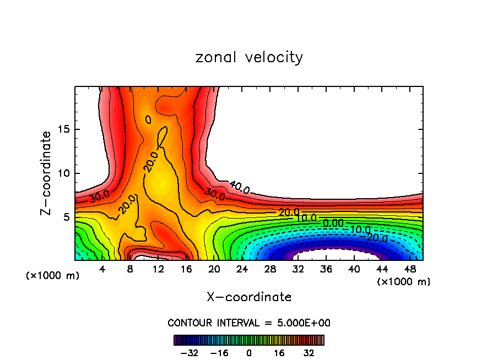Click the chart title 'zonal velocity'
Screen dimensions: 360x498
click(249, 57)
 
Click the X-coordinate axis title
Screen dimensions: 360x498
click(249, 297)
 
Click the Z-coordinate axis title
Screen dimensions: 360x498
click(47, 173)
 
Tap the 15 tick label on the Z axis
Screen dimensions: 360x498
click(64, 129)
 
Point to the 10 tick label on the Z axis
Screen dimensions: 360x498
click(64, 173)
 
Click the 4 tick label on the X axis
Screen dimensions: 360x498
click(102, 269)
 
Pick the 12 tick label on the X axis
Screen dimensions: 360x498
click(158, 269)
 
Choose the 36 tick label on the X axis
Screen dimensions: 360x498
click(326, 269)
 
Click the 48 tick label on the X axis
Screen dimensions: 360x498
click(410, 269)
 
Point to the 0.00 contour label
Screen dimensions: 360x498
click(333, 223)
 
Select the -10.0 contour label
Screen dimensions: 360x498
click(361, 230)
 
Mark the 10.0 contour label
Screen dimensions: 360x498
click(306, 218)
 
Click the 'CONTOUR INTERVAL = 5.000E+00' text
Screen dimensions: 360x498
click(249, 323)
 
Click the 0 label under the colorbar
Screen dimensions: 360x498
click(249, 352)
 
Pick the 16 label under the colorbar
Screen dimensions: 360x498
click(280, 352)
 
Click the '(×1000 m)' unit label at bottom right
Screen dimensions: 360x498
click(404, 282)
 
